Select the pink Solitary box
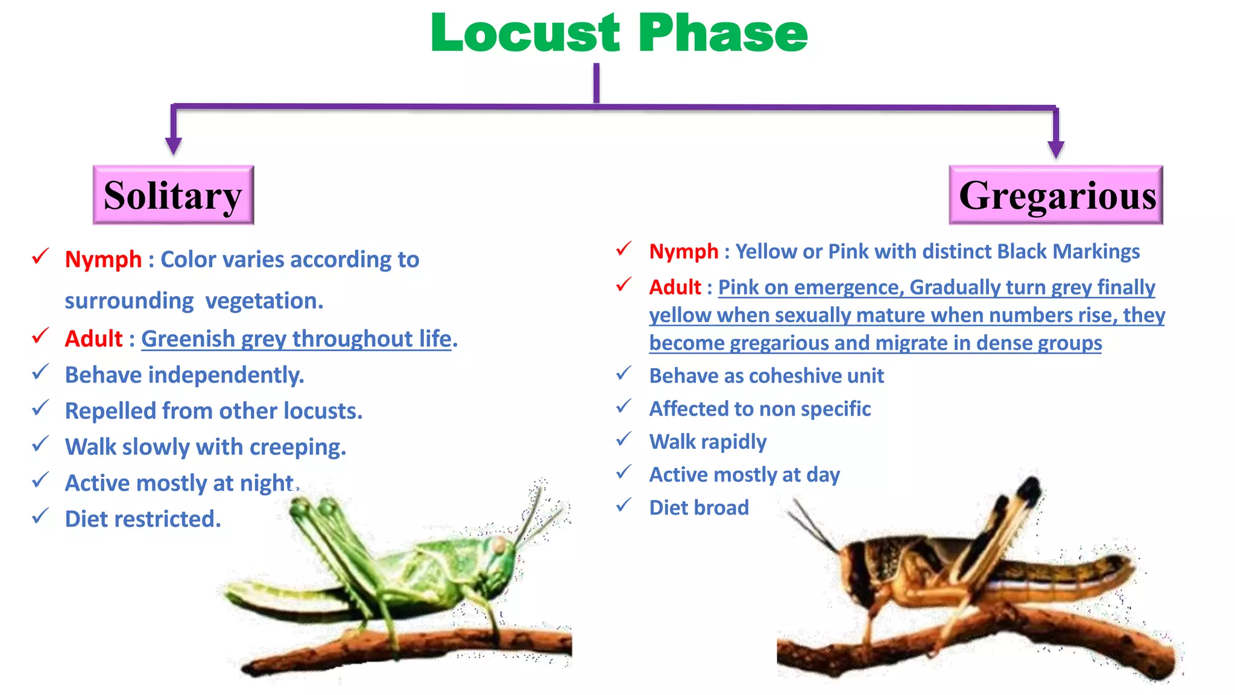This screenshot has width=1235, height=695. [x=173, y=195]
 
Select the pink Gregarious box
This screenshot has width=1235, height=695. [x=1056, y=195]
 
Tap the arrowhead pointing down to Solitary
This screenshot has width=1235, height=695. [x=174, y=145]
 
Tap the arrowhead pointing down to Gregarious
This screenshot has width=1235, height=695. [x=1056, y=148]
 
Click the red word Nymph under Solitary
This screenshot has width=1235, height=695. [x=103, y=259]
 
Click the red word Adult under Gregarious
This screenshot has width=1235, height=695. [x=675, y=287]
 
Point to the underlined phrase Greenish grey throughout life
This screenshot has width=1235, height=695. [x=296, y=339]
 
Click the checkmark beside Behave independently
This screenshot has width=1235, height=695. [x=40, y=373]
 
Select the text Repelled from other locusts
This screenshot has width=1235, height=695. [x=213, y=411]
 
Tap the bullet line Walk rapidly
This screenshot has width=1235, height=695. [x=707, y=442]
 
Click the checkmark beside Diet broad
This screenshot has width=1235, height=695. [x=624, y=505]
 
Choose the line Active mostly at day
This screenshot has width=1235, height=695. [x=744, y=475]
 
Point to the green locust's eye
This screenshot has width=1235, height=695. [x=499, y=545]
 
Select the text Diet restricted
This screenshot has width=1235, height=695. [x=143, y=519]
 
